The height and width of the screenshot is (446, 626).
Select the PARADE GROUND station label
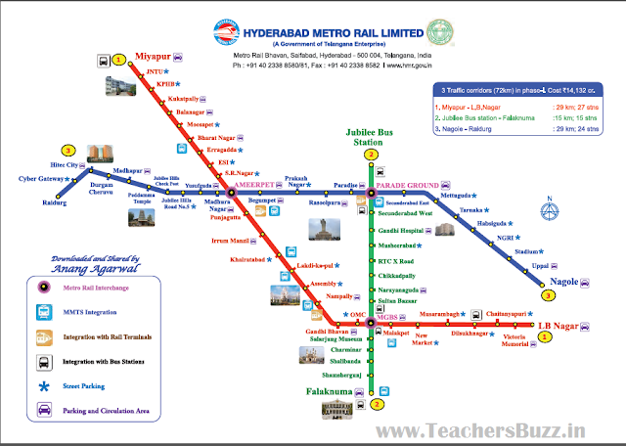(x=408, y=184)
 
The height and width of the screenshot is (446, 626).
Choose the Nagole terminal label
(x=567, y=280)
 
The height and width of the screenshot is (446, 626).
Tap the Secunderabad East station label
(x=409, y=201)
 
